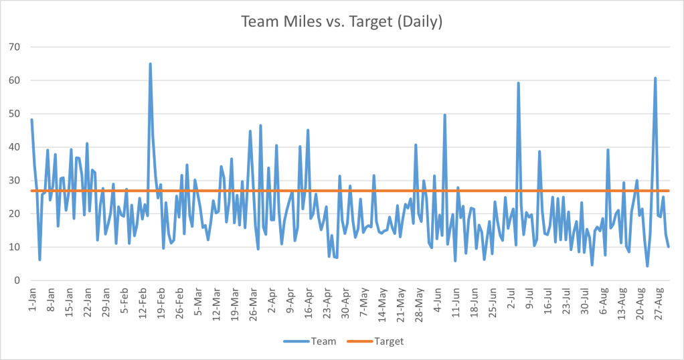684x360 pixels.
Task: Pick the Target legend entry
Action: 375,341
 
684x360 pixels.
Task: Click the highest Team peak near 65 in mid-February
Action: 150,64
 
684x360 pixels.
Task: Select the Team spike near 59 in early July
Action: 518,83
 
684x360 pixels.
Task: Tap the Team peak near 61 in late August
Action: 655,78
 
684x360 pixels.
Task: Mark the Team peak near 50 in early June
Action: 444,114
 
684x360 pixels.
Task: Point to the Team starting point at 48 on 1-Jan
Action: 32,120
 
